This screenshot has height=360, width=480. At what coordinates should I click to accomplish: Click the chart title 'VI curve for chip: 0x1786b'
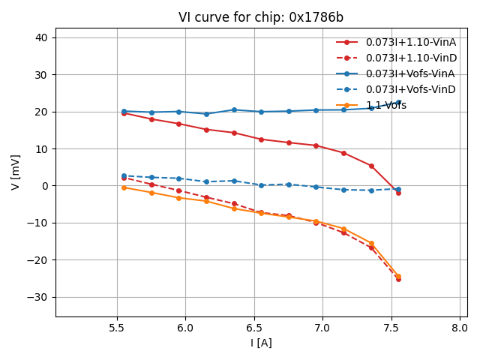261,17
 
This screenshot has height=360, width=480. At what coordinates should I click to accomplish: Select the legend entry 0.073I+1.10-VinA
411,42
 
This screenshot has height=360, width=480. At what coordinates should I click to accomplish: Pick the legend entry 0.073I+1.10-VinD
411,58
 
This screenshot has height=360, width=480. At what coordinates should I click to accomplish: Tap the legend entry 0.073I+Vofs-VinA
410,73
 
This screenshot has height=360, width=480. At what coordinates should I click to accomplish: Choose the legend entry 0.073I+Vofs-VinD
410,89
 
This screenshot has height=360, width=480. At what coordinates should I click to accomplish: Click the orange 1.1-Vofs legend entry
385,106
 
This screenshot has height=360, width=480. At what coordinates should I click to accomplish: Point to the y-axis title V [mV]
16,172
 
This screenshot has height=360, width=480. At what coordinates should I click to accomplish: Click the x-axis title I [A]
261,343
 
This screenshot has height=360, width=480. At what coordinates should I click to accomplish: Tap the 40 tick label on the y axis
40,38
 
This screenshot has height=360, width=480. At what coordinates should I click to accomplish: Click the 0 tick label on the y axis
43,186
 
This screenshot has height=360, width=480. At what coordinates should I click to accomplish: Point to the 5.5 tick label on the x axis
117,328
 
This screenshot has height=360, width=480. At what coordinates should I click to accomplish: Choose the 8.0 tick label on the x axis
460,328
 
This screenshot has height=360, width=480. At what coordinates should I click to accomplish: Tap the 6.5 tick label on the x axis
254,328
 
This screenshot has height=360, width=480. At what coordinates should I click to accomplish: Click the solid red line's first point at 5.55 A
124,113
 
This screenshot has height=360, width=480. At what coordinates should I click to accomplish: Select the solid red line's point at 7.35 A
371,166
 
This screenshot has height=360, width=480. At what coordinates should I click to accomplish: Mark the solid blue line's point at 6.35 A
234,109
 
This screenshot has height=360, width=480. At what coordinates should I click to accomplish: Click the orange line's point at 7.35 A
371,243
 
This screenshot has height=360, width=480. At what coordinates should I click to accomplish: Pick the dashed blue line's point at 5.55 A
124,175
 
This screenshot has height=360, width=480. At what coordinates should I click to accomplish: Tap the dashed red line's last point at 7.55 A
398,279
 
